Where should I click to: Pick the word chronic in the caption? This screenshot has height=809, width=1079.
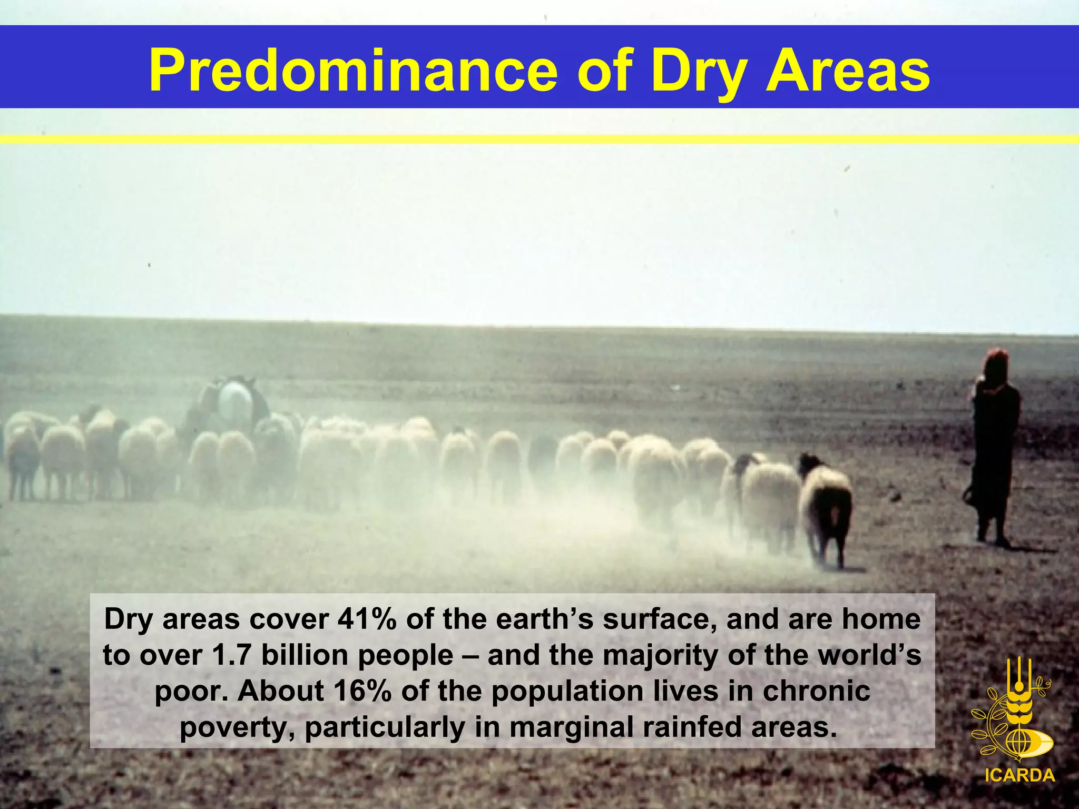coord(816,691)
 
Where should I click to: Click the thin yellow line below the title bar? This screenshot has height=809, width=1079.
coord(539,139)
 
